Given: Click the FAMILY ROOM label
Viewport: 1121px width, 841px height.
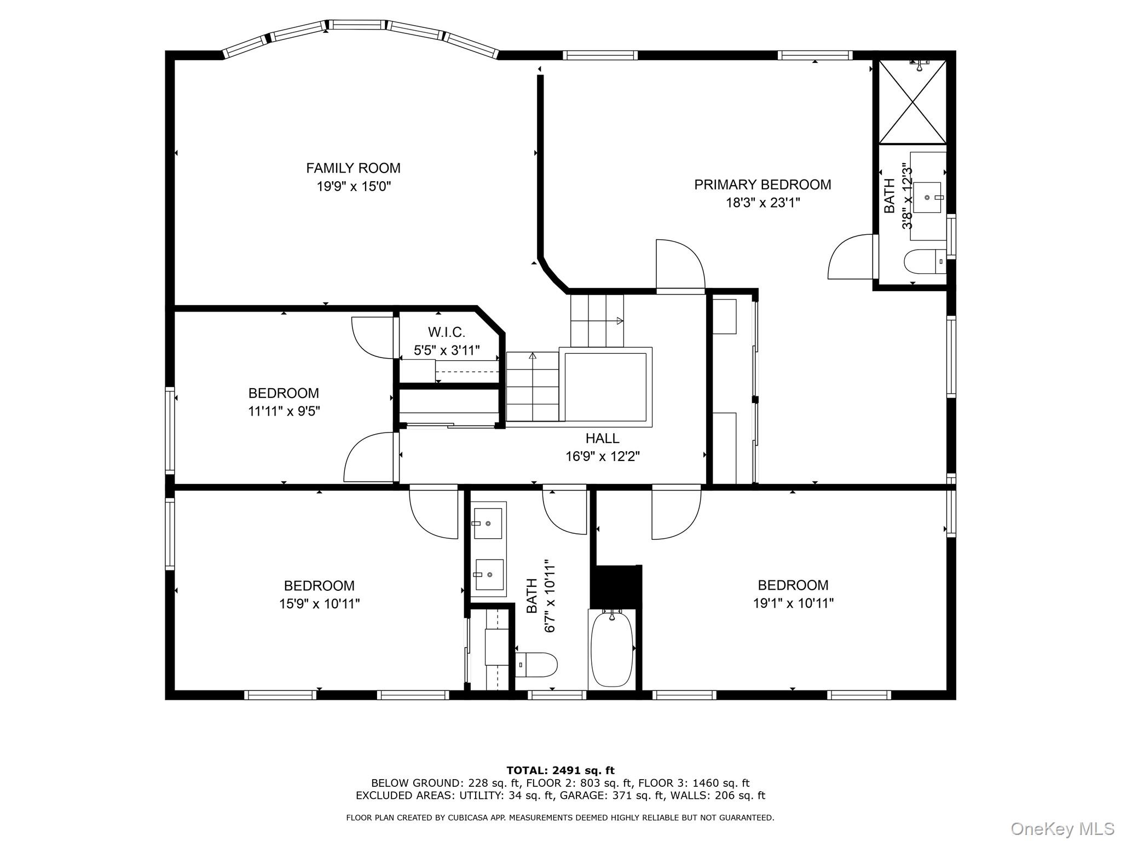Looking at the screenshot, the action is pos(353,168).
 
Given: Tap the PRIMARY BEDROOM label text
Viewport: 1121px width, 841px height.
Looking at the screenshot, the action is pos(762,185).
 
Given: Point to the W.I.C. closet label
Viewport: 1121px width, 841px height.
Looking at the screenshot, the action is pos(447,332).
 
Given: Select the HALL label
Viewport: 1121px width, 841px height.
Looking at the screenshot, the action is pos(602,438).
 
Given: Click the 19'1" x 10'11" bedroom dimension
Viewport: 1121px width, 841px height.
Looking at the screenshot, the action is pos(793,603).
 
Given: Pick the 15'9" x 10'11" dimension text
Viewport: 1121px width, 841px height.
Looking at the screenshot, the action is pos(319,604).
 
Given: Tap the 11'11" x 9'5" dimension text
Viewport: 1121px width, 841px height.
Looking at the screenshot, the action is pos(284,411).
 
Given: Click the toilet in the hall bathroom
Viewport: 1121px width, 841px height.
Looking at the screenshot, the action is pos(536,665).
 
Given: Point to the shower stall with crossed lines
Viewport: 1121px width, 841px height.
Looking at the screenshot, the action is pos(912,102).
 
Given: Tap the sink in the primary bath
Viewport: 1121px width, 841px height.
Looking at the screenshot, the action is pos(927,197).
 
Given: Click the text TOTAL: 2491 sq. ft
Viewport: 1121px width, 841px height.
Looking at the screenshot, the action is pos(560,771).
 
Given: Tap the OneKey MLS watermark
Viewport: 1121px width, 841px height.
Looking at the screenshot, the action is pos(1062,829).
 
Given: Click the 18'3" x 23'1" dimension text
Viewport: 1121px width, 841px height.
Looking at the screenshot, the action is pos(763,203).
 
